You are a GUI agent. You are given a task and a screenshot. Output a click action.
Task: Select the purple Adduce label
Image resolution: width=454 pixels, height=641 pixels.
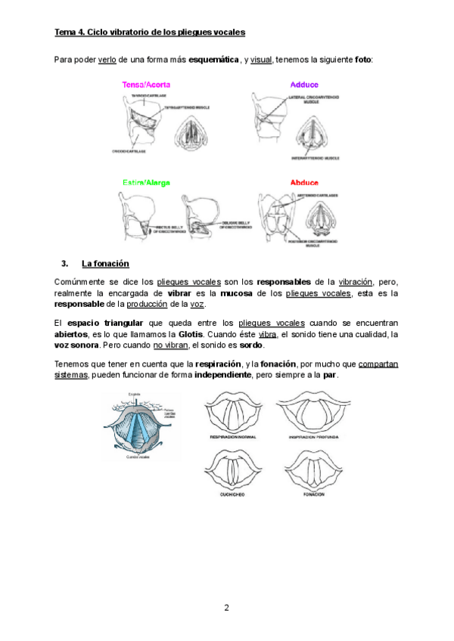(x=304, y=85)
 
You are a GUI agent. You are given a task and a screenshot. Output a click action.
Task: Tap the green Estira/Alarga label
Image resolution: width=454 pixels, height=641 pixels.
(x=146, y=183)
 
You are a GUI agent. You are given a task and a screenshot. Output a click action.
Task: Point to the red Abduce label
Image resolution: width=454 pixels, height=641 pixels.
(x=304, y=183)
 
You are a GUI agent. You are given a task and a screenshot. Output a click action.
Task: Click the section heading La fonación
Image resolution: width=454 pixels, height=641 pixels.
(x=105, y=263)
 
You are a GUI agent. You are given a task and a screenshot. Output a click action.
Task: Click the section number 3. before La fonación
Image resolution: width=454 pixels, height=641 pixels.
(x=65, y=263)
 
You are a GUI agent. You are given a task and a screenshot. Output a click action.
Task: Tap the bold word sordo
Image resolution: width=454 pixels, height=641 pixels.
(x=251, y=345)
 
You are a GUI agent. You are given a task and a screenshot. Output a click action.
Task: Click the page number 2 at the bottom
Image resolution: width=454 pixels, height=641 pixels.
(x=226, y=607)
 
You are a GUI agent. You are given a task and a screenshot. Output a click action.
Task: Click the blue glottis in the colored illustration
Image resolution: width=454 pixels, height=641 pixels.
(x=141, y=428)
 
